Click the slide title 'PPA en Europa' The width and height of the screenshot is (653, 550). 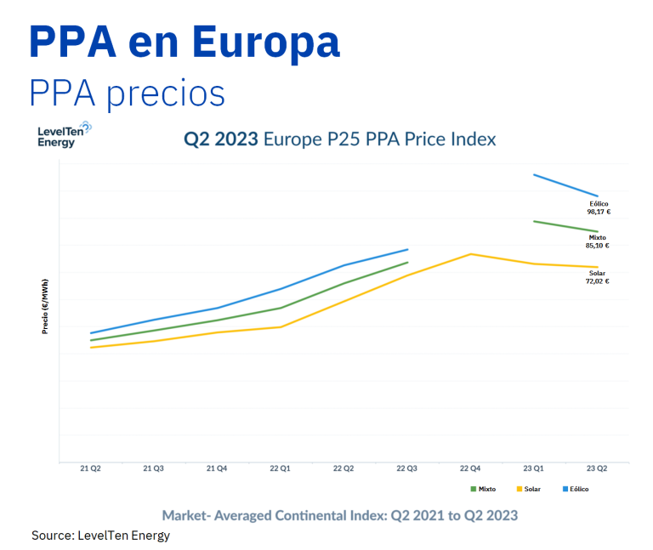click(185, 43)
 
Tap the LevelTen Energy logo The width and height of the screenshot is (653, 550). click(64, 134)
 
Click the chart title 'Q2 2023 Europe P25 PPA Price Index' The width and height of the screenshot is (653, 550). click(340, 139)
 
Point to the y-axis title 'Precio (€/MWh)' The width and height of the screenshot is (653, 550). click(45, 306)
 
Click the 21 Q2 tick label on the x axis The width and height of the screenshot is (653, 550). click(90, 468)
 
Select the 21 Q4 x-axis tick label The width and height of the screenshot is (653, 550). click(216, 468)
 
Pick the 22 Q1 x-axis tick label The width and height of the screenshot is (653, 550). click(280, 468)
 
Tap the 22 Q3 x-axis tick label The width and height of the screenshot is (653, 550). click(406, 468)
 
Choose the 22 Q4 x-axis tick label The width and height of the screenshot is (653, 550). click(470, 468)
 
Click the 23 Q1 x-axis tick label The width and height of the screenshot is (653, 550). click(533, 468)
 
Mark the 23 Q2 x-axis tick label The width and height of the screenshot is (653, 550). click(597, 468)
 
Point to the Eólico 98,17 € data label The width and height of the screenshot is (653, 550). click(599, 208)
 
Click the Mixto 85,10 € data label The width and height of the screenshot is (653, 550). click(598, 241)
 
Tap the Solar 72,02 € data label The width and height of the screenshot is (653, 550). click(597, 277)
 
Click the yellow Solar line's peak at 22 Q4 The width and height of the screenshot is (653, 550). click(470, 254)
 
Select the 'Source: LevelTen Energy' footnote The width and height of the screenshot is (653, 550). click(101, 536)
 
